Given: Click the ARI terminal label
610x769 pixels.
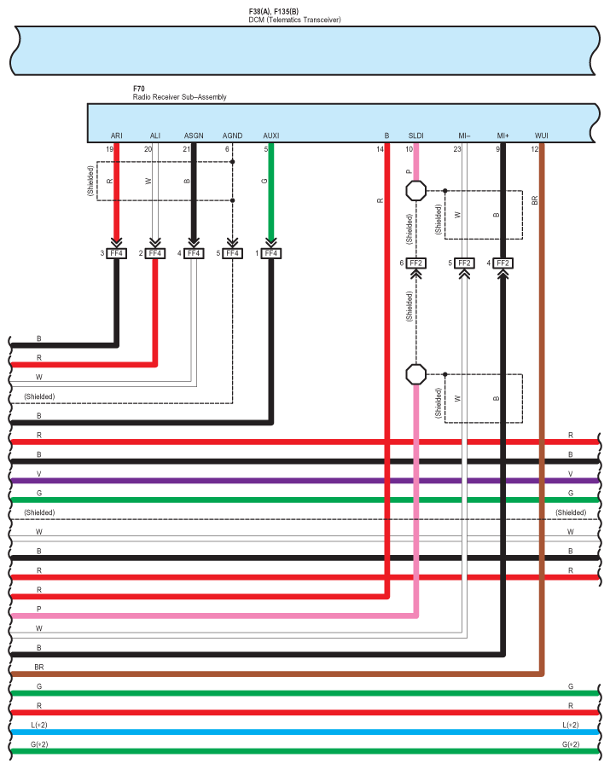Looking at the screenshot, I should (116, 136).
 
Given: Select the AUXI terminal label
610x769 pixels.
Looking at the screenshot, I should (271, 136).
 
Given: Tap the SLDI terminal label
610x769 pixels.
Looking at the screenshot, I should (416, 136).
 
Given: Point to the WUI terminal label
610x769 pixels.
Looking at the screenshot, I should (542, 136).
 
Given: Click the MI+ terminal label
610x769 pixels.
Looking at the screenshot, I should (503, 136).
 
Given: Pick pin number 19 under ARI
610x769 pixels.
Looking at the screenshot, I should (109, 149).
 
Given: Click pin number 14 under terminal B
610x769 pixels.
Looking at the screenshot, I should (380, 149).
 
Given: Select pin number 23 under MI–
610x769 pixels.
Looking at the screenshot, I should (457, 149).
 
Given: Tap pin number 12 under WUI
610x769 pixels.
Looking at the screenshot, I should (534, 149).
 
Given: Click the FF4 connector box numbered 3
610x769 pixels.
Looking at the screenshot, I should (116, 253).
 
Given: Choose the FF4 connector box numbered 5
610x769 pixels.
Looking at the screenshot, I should (232, 253).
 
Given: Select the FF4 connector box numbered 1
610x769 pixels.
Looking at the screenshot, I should (271, 253).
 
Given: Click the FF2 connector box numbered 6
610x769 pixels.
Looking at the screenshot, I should (416, 263).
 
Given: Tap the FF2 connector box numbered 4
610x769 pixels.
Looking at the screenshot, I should (503, 263).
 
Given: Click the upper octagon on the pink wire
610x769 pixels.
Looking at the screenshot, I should (415, 190).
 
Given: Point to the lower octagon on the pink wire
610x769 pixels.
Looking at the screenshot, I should (415, 373).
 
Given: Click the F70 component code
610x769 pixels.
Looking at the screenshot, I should (139, 89).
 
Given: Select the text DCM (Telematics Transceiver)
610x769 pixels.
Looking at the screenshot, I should (294, 19).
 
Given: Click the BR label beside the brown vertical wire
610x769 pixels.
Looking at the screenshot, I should (535, 200).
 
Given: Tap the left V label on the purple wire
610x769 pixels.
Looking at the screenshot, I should (38, 473).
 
